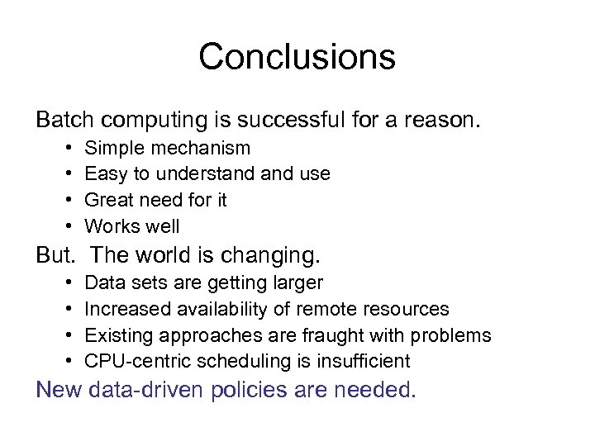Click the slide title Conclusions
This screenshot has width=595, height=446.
[x=297, y=57]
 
